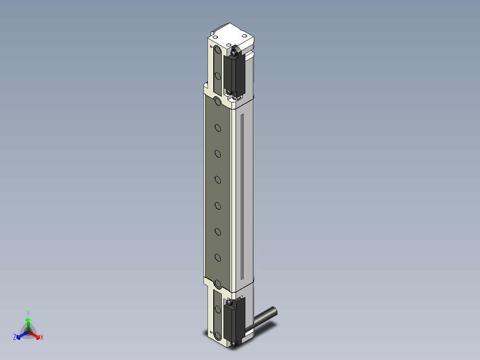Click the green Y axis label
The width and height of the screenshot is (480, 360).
click(28, 313)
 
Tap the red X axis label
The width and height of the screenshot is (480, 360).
click(42, 338)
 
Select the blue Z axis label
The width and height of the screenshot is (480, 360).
click(15, 338)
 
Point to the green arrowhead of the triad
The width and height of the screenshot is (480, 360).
click(28, 320)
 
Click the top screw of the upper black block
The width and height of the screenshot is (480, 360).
click(234, 53)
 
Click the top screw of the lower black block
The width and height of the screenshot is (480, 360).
click(229, 303)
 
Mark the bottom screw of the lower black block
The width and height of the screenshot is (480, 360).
click(235, 344)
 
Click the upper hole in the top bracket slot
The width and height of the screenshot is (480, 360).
click(217, 49)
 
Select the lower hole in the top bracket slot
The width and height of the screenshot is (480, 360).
click(218, 76)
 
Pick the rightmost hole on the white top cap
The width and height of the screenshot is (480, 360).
click(243, 36)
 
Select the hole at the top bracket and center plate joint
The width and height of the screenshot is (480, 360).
click(218, 102)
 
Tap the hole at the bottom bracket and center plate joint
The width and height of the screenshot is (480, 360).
click(218, 283)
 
